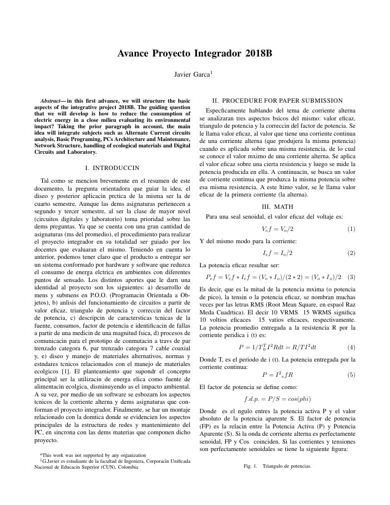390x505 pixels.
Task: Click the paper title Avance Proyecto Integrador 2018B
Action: click(x=195, y=54)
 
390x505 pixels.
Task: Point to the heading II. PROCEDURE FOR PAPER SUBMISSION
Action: click(x=278, y=100)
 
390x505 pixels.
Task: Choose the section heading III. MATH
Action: click(x=278, y=207)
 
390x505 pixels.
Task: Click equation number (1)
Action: click(x=351, y=229)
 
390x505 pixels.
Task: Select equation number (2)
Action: click(x=351, y=253)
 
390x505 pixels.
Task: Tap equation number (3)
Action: click(x=351, y=277)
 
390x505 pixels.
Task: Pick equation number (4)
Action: click(x=351, y=347)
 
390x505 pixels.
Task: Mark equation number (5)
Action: click(x=351, y=375)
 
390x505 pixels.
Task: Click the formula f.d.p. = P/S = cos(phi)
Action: click(x=278, y=398)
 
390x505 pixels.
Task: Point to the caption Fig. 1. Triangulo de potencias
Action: click(x=278, y=466)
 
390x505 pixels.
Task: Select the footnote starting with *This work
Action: click(x=93, y=455)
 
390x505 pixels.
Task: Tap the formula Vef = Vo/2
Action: click(x=278, y=229)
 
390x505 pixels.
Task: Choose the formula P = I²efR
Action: click(x=278, y=375)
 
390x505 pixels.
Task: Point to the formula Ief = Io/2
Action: click(x=278, y=253)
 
